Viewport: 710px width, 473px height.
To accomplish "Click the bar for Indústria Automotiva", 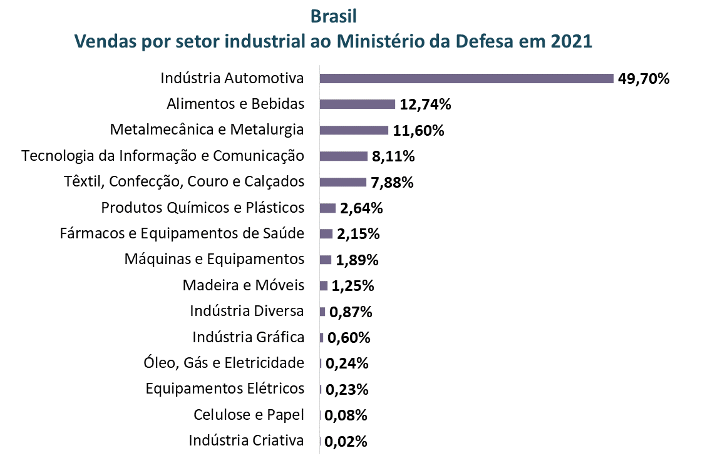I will coord(466,78).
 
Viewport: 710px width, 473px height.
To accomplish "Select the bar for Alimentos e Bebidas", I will coord(358,104).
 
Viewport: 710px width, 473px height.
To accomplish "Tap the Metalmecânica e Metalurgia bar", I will coord(354,130).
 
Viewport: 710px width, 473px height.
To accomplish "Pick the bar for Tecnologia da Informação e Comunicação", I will coord(343,156).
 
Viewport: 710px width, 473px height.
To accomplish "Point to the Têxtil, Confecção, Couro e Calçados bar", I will coord(342,182).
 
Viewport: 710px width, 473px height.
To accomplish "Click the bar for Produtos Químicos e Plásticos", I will coord(327,208).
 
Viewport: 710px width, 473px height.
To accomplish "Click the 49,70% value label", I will coord(644,79).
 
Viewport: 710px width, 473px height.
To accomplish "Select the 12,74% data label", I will coord(426,104).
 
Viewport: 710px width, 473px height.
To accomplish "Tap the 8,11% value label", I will coord(393,156).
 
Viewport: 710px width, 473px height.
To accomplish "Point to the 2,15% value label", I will coord(358,234).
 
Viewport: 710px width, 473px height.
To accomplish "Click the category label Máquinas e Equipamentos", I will coord(214,259).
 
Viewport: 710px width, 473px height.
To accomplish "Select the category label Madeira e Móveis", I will coord(244,285).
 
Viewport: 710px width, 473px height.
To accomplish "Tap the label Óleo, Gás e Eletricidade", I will coord(224,363).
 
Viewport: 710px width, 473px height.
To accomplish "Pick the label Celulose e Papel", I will coord(249,414).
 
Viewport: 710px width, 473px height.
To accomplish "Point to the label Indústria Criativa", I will coord(246,440).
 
